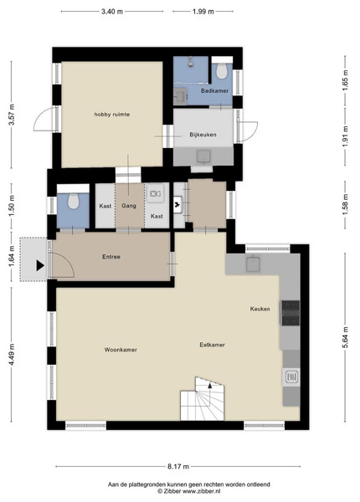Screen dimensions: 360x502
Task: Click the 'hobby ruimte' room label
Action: (112, 115)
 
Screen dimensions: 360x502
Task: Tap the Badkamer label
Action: (214, 90)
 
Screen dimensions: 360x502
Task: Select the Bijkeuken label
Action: (203, 135)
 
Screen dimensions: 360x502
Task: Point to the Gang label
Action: (129, 206)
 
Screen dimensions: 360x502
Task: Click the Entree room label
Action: (111, 257)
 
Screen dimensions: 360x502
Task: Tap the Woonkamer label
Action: (121, 350)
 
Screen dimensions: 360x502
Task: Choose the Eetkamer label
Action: (212, 345)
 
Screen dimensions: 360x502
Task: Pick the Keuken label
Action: (260, 309)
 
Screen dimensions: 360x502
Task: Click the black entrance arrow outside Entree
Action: (40, 265)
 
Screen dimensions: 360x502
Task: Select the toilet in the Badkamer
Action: (222, 70)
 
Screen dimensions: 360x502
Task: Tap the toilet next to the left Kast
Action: (74, 202)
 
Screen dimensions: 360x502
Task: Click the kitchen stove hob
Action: (291, 313)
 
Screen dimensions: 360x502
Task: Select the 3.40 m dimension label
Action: (112, 12)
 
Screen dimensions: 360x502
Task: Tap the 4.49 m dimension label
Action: (12, 355)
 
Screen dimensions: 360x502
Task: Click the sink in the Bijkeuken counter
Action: (203, 156)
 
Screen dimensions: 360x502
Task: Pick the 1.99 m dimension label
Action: (203, 12)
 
